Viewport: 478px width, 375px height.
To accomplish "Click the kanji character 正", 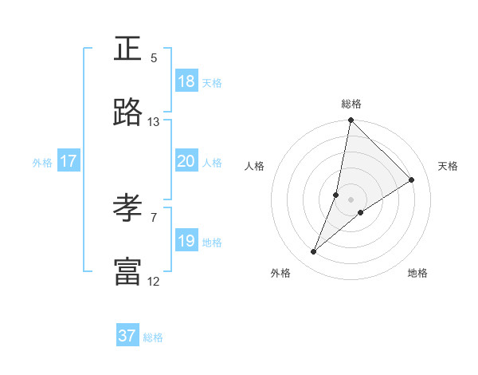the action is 128,49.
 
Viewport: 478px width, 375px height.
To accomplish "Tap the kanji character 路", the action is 128,113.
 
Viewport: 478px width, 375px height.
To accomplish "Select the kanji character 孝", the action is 128,209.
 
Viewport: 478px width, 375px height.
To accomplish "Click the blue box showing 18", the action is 186,81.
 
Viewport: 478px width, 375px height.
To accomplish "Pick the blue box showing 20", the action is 186,161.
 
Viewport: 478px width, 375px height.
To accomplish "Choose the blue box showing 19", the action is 186,241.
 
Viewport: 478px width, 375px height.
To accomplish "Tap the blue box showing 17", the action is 69,161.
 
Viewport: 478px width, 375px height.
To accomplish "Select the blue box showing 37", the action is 127,336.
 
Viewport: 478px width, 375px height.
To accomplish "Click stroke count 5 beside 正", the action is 154,58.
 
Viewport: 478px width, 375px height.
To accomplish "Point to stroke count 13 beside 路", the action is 154,122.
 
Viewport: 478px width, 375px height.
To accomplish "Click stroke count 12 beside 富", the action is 154,281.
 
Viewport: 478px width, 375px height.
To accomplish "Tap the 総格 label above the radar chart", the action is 351,104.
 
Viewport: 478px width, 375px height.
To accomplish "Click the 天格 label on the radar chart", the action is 449,166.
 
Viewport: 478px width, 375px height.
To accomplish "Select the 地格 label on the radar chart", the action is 417,273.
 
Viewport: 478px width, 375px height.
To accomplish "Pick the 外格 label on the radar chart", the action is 280,273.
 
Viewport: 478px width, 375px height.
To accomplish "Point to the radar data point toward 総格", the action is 351,121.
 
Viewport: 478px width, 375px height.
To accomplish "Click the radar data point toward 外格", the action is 314,252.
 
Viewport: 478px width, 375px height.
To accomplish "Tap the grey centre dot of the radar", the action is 351,199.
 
